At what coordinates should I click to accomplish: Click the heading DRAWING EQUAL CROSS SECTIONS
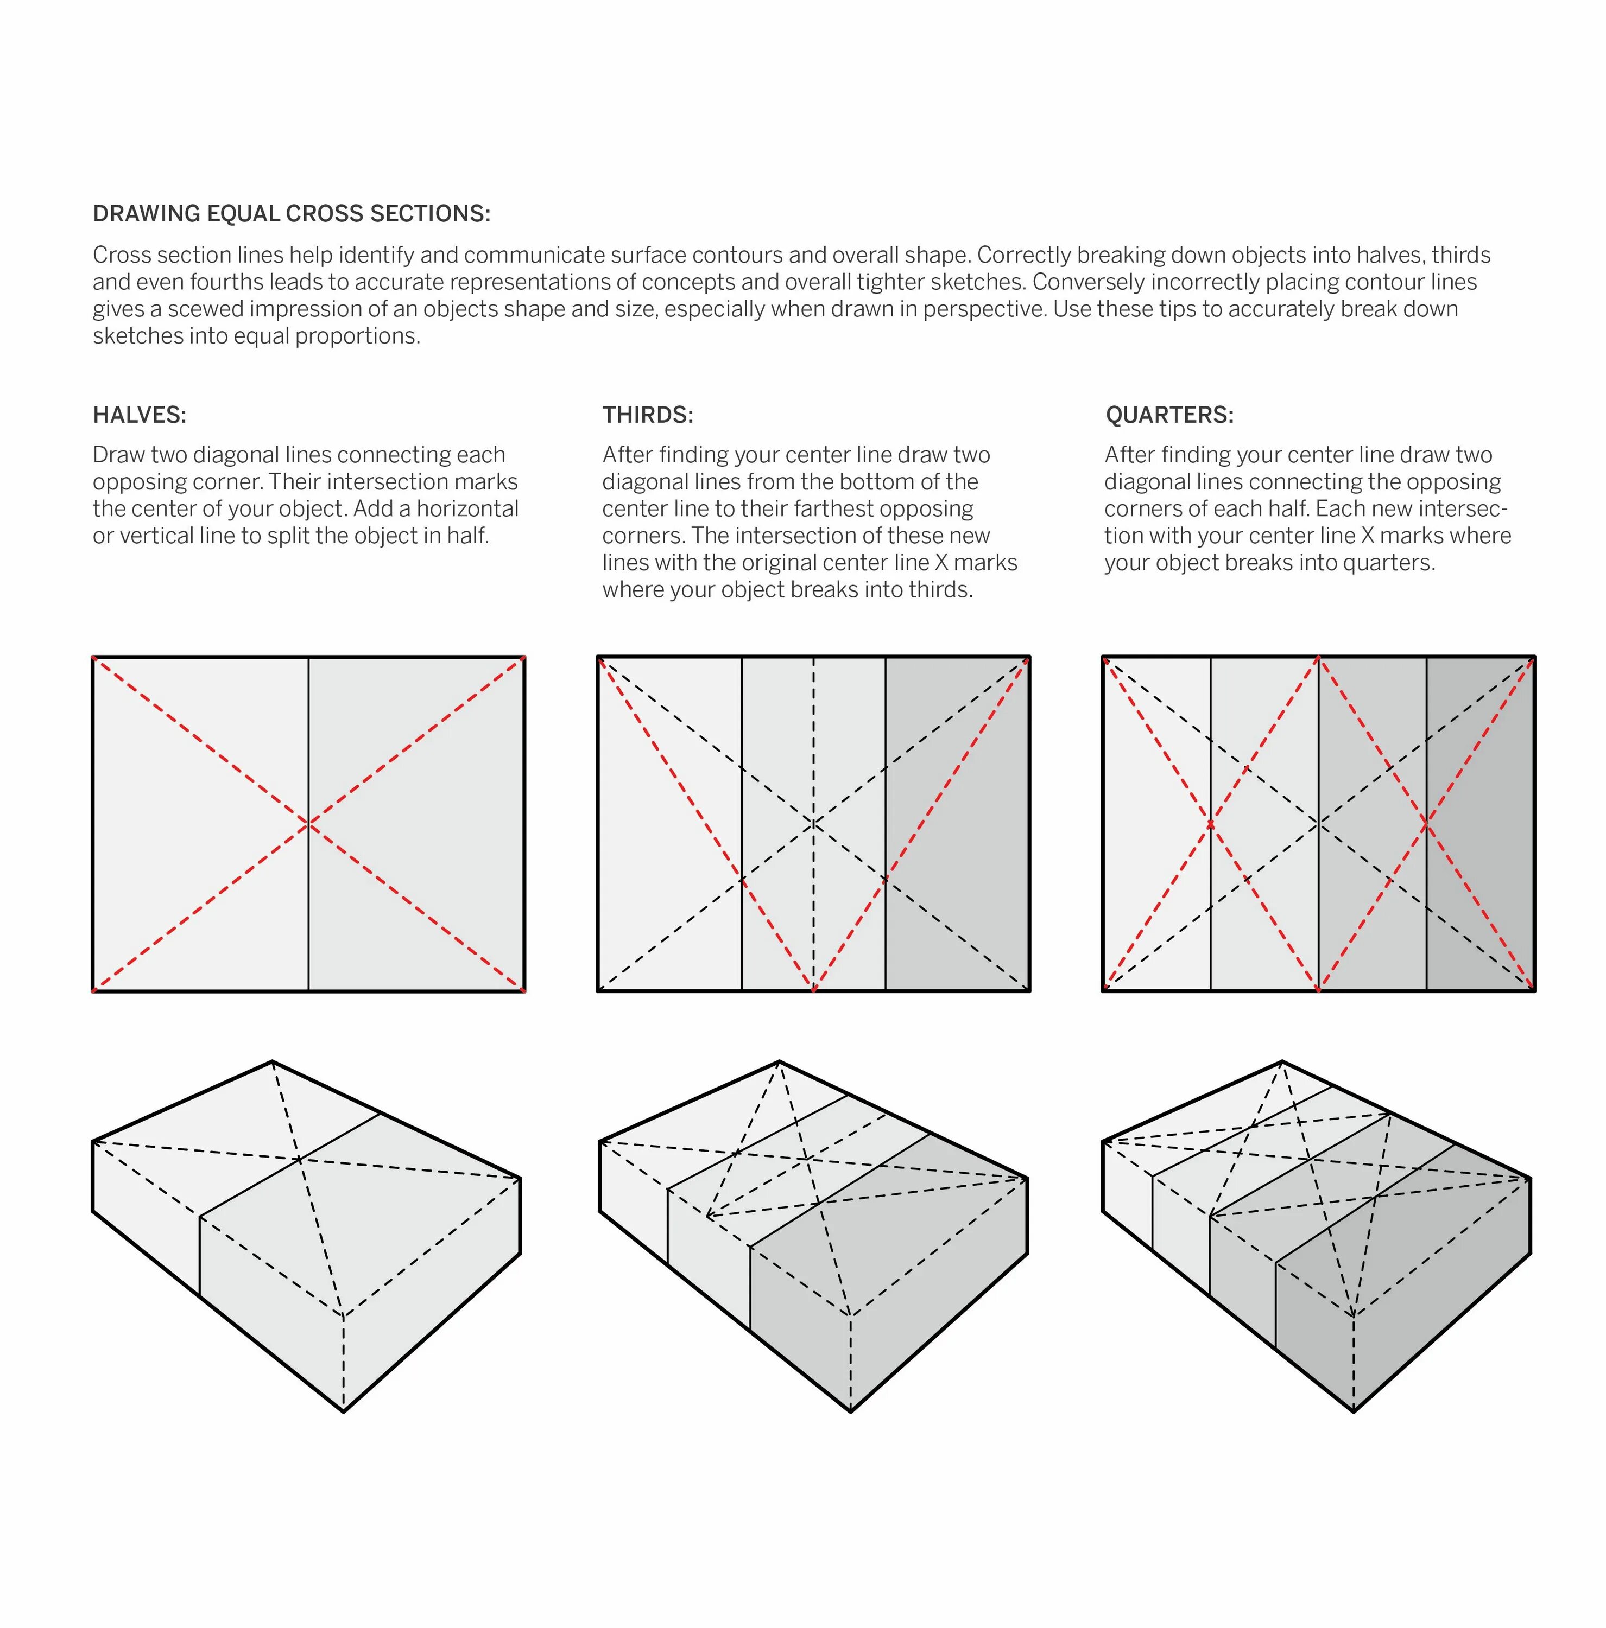click(x=291, y=214)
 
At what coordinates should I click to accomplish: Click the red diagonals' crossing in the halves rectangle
click(x=308, y=823)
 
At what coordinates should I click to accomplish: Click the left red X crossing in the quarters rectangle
click(x=1211, y=823)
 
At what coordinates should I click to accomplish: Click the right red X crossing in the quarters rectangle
click(x=1426, y=823)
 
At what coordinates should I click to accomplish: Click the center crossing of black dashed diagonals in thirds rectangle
click(x=813, y=823)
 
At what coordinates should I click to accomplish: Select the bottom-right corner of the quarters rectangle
click(x=1533, y=990)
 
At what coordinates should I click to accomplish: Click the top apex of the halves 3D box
click(x=273, y=1062)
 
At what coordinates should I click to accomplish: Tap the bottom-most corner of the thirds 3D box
click(x=851, y=1410)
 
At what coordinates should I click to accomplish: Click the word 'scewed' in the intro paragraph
click(x=206, y=309)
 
